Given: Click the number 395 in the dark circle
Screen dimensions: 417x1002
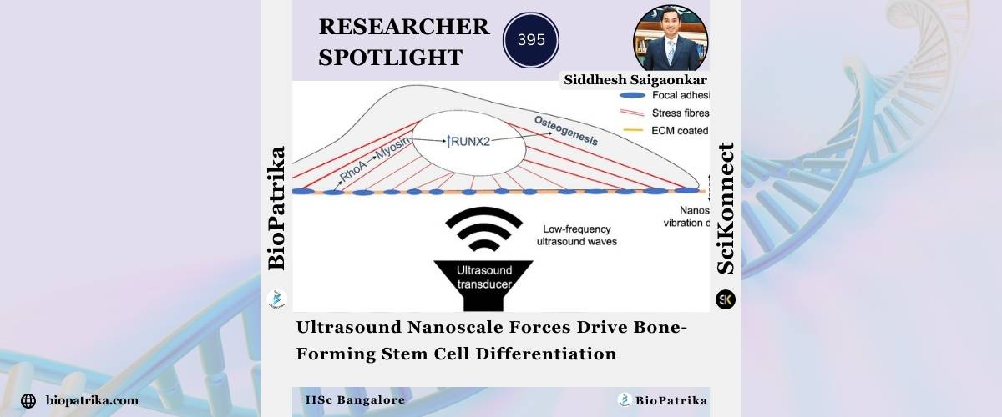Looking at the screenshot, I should pos(531,40).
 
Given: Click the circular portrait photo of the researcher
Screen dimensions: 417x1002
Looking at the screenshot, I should pos(671,38).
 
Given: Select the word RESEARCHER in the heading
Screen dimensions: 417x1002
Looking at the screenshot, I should pos(404,28).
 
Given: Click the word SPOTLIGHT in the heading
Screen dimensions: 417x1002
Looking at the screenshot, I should pos(390,58).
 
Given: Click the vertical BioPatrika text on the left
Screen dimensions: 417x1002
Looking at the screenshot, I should pos(276,208).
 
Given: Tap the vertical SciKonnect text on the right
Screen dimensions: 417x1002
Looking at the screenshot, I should pos(726,208).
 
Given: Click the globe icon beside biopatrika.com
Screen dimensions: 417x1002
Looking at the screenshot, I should pos(28,401).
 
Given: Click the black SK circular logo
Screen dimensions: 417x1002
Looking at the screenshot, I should pos(726,299).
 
